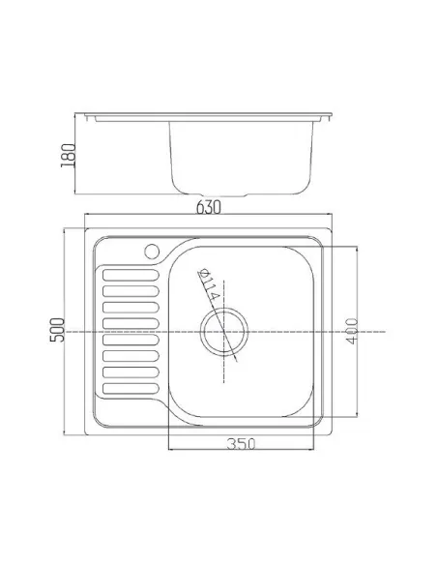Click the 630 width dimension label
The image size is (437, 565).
tap(209, 207)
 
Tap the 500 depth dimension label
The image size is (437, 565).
tap(57, 330)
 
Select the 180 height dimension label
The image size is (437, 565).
tap(68, 156)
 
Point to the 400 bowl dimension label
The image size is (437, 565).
tap(352, 331)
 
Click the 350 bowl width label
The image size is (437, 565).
tap(241, 443)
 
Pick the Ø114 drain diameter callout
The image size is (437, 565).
tap(209, 284)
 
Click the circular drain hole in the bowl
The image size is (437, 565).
tap(224, 332)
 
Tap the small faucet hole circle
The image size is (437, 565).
tap(152, 252)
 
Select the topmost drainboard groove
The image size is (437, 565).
tap(131, 275)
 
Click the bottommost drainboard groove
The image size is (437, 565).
tap(131, 388)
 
